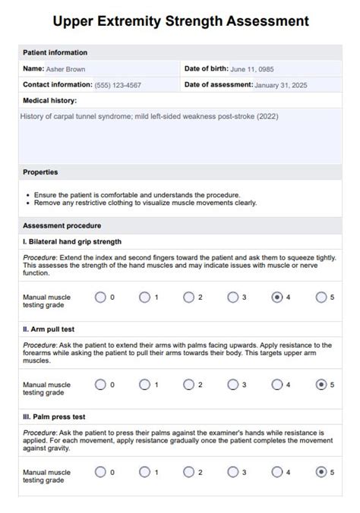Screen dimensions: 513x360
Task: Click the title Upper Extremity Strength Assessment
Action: pos(180,20)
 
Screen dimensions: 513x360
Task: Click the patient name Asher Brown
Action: pos(65,69)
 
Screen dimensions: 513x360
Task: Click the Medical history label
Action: pos(50,100)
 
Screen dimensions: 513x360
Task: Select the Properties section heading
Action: pos(40,172)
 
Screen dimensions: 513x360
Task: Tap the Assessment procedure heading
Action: pos(62,225)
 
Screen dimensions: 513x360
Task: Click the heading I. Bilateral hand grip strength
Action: pos(72,241)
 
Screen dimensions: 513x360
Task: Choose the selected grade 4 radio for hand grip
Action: pos(277,297)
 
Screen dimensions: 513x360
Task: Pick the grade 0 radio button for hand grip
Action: pos(100,297)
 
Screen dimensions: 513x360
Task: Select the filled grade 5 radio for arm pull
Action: pos(321,385)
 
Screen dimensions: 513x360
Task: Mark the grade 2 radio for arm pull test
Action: pos(188,385)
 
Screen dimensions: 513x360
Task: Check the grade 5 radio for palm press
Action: pos(321,472)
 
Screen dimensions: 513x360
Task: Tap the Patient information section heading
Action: pos(55,52)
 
